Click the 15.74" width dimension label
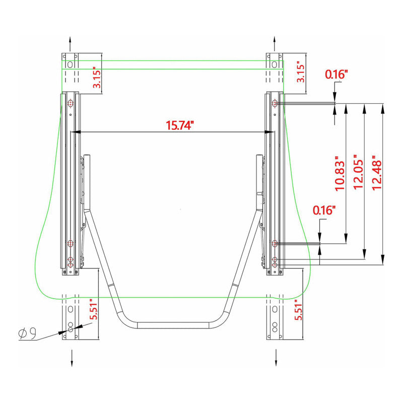click(179, 125)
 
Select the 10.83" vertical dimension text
click(340, 173)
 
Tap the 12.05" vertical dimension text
click(358, 172)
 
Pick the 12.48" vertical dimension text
click(377, 173)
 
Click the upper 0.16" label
click(337, 74)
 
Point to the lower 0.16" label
click(324, 210)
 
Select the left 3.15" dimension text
click(97, 78)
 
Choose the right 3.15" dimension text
click(300, 72)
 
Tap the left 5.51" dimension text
click(94, 309)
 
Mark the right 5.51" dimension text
click(298, 310)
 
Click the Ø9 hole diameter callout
click(27, 333)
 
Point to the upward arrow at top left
click(70, 44)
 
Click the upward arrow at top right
click(275, 44)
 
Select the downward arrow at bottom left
click(72, 358)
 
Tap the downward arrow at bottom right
click(276, 357)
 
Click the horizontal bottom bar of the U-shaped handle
click(174, 325)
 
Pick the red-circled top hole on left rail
click(71, 103)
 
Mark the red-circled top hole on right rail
click(275, 103)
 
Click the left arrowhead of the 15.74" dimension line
click(76, 132)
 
